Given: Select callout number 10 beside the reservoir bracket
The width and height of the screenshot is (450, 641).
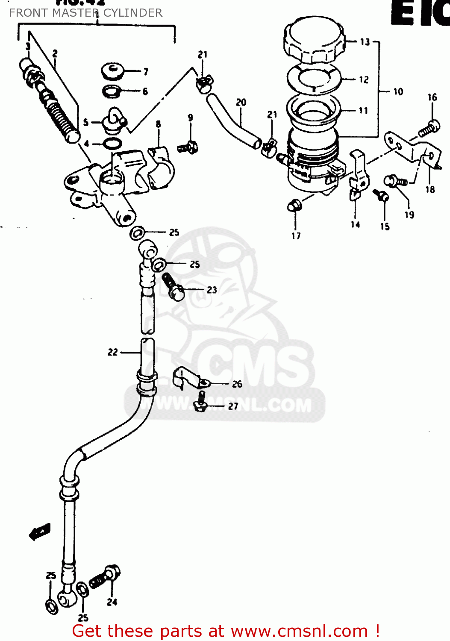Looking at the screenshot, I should tap(398, 91).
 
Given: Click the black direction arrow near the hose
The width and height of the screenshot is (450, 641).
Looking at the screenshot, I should tap(40, 532).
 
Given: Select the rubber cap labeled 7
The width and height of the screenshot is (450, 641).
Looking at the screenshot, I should tap(113, 71).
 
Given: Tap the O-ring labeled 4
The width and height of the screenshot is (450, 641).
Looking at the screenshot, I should tap(112, 144).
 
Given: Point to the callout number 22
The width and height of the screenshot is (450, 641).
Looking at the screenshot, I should tap(112, 352).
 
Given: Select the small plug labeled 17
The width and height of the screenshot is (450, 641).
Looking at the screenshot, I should tap(294, 206).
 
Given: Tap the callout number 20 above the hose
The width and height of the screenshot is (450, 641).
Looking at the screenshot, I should tap(241, 103).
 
